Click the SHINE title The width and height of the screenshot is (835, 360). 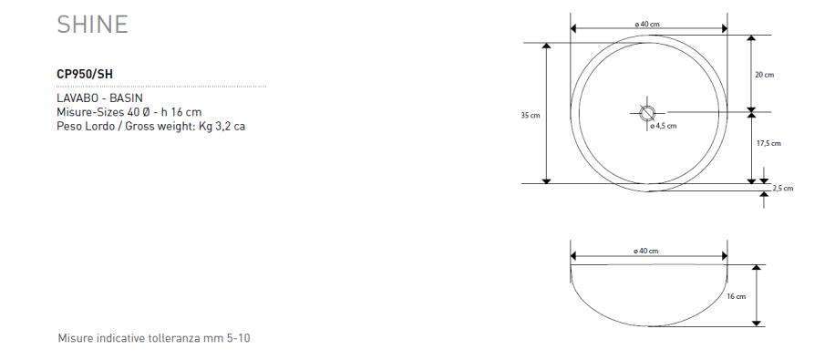click(93, 25)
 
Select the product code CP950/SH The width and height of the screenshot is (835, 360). click(85, 75)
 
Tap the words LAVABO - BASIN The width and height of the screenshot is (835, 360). click(99, 98)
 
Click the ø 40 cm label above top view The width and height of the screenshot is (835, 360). click(647, 25)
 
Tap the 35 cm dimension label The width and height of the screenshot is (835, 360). click(531, 115)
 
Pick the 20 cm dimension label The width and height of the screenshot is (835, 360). click(764, 75)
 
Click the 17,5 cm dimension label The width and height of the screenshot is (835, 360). click(768, 143)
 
